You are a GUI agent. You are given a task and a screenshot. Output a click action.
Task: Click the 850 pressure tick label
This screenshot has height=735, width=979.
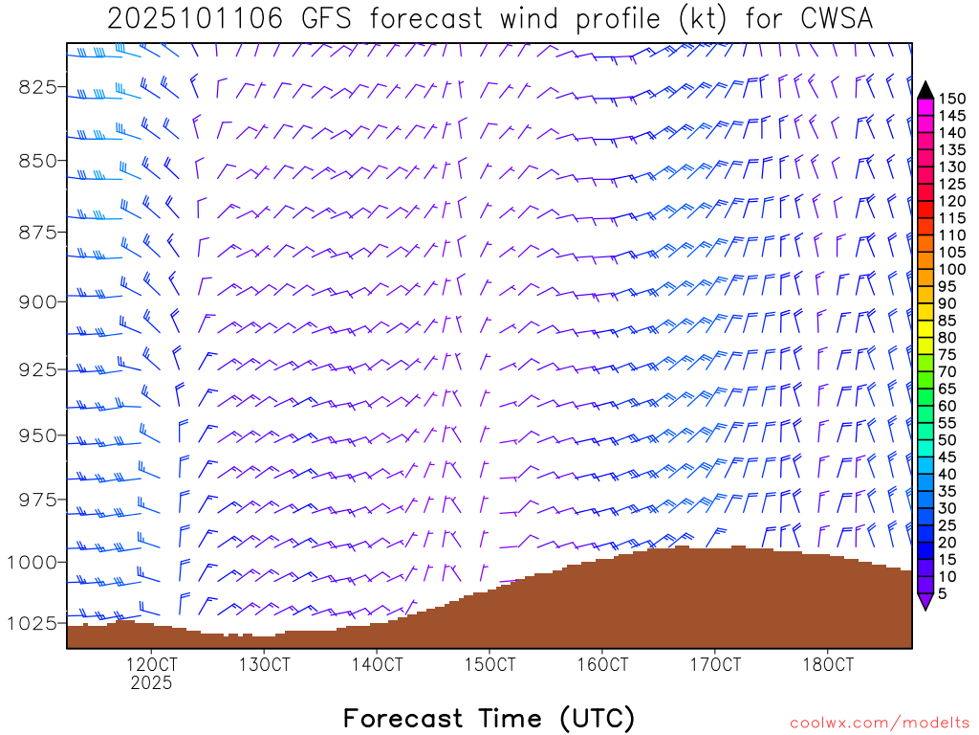(37, 159)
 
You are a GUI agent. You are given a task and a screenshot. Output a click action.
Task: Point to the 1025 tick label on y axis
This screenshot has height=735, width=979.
(32, 623)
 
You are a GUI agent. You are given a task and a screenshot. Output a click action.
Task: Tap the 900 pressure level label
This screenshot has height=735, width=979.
(37, 301)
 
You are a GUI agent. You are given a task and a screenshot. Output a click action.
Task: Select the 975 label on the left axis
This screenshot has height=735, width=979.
(37, 500)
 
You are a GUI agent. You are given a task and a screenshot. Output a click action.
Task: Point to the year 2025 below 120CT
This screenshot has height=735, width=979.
(151, 683)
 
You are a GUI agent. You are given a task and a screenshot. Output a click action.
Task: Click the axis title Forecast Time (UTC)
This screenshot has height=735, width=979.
(489, 718)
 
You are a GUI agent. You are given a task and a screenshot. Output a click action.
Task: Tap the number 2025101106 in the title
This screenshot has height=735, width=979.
(195, 19)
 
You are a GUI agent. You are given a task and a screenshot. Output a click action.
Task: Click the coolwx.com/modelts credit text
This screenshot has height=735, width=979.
(880, 722)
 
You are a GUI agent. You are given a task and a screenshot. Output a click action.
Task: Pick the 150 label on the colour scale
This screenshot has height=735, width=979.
(952, 99)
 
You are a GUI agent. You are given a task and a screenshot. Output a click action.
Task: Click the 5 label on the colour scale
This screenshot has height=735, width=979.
(943, 594)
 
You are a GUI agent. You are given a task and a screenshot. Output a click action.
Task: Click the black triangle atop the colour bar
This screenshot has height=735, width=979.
(925, 90)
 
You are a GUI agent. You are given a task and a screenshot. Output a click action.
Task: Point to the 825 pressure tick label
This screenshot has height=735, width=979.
(37, 87)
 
